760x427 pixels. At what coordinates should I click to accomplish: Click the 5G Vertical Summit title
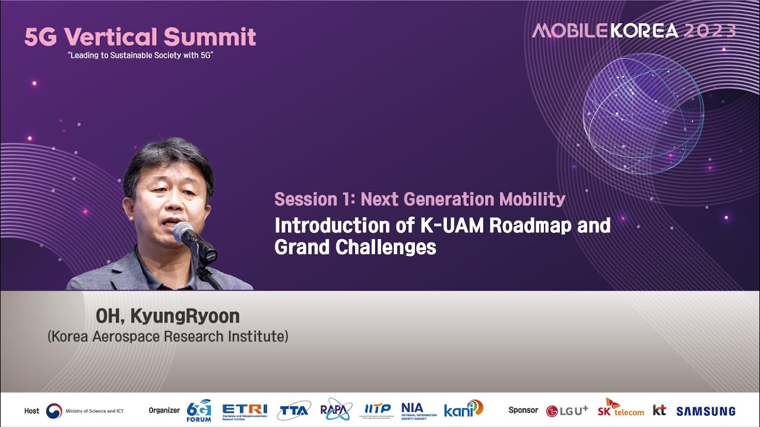[140, 37]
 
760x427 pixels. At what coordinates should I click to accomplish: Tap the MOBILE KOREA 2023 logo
[634, 31]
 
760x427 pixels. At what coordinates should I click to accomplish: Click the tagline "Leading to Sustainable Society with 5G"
[140, 55]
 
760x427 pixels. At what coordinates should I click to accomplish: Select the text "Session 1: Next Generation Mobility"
[419, 199]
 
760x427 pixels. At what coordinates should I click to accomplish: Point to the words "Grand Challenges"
[355, 247]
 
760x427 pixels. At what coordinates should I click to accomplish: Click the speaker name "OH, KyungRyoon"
[167, 316]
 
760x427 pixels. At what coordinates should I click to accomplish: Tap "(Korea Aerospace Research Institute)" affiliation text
[167, 336]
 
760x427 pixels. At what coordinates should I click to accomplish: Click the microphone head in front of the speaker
[185, 232]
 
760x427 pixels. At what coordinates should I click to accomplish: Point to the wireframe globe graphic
[643, 113]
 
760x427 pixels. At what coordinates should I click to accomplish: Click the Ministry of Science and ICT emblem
[54, 410]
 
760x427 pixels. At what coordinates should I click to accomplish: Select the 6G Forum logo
[199, 410]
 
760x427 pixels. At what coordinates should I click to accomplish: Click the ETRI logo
[245, 410]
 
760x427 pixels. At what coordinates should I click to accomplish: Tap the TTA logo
[294, 410]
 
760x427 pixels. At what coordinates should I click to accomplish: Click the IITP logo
[378, 409]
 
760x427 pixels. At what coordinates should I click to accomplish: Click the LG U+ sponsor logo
[567, 410]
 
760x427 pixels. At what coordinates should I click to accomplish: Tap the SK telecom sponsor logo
[620, 408]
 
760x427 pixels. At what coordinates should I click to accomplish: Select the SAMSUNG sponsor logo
[705, 411]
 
